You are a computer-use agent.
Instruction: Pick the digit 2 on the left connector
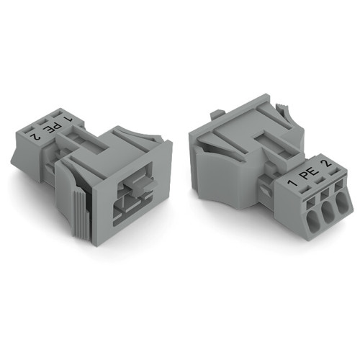(32, 134)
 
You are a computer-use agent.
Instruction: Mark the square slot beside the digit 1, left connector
(57, 113)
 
